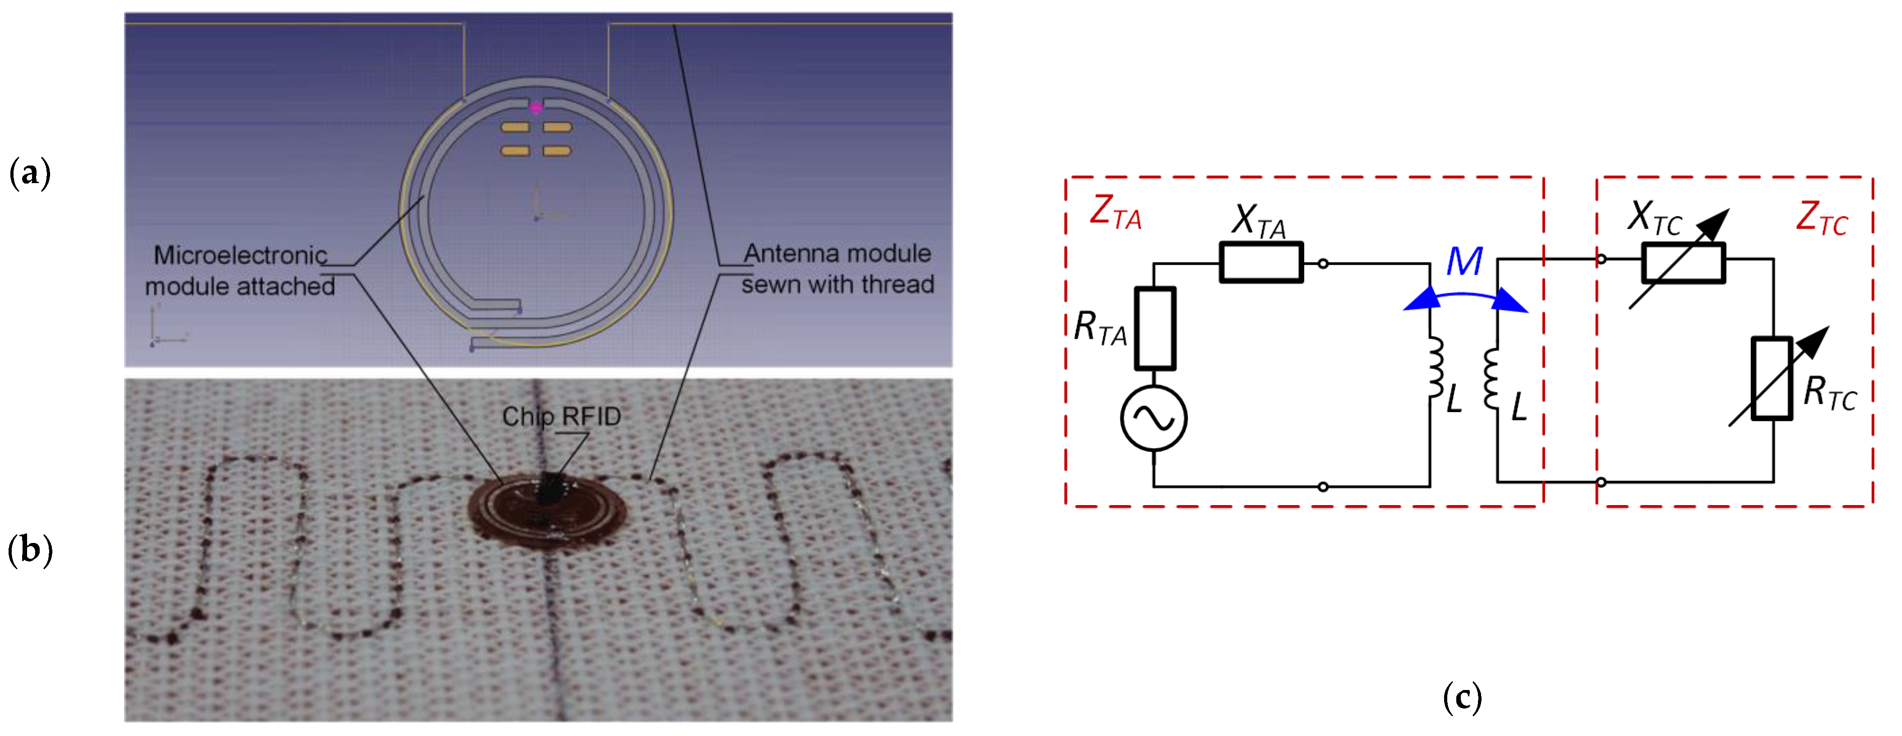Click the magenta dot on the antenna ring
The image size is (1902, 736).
(536, 108)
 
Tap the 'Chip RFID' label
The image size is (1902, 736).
(561, 416)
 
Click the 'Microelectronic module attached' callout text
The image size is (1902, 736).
(240, 270)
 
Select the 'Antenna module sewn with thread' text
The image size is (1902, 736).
(837, 269)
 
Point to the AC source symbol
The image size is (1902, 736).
(1153, 418)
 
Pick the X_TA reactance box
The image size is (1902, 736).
(1261, 262)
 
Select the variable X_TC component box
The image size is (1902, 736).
(1683, 263)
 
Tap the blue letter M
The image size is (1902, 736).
(1463, 261)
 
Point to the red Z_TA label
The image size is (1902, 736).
(1115, 212)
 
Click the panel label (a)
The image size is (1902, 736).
(29, 174)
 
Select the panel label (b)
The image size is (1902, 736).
(29, 550)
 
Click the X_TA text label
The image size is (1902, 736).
(1259, 221)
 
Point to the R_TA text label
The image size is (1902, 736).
(1100, 328)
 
